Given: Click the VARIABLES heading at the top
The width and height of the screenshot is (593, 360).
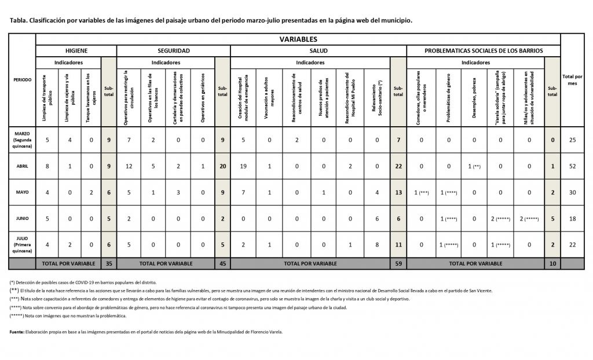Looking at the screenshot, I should [298, 39].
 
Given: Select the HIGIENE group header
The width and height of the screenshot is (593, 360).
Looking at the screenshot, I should [76, 51].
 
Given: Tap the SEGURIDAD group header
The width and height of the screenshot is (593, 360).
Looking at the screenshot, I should [174, 51].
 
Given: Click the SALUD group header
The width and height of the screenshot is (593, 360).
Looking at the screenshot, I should [319, 51].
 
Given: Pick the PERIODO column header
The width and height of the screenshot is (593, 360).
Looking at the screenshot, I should [23, 79].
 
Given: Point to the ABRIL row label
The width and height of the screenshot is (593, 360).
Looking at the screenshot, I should [23, 166].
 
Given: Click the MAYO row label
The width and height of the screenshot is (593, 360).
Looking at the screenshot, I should [23, 192].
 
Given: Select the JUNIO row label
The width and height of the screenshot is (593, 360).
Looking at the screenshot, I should [23, 218].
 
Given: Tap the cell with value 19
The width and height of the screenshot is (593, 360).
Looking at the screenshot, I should [244, 166].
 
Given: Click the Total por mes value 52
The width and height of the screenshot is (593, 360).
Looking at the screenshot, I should [572, 166].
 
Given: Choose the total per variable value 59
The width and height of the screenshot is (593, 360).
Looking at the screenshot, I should [398, 263].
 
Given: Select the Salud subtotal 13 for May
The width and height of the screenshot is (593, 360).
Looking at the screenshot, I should [398, 192].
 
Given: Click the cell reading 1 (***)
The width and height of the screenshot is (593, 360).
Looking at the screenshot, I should [421, 192].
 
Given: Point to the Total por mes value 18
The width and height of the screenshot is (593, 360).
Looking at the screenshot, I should [572, 218].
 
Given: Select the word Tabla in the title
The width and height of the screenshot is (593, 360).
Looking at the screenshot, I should [18, 20].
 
